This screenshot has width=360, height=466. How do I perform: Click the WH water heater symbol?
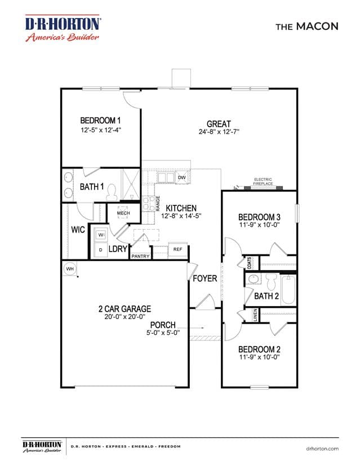(70, 268)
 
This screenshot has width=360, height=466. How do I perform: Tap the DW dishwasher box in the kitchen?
(182, 177)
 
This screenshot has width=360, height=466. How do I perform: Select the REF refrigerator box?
(177, 249)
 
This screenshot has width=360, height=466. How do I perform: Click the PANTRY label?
(140, 256)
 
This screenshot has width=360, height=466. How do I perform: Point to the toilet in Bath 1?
(112, 192)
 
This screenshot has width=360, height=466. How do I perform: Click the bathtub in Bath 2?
(288, 290)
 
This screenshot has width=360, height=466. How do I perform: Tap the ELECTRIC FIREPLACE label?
(263, 182)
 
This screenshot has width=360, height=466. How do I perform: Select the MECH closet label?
(123, 213)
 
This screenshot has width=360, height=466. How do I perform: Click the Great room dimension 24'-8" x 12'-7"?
(219, 132)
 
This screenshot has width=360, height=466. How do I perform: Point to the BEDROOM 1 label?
(100, 120)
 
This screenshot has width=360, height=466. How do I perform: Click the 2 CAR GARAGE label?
(125, 309)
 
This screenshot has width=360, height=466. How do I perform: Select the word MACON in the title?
(317, 26)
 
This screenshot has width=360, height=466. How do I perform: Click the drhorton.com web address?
(322, 449)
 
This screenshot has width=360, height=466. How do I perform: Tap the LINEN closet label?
(255, 315)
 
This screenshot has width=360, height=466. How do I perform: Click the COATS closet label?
(250, 263)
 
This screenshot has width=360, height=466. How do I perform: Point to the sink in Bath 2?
(254, 279)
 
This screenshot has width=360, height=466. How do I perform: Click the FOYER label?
(205, 279)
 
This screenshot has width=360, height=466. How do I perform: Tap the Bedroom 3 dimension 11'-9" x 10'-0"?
(260, 225)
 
